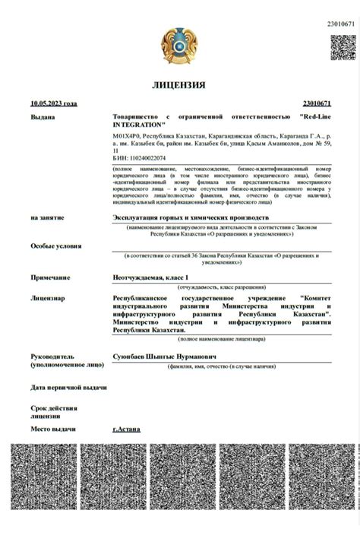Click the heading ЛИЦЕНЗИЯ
(x=179, y=84)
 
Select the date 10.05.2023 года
(x=54, y=103)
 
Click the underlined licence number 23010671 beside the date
(x=316, y=103)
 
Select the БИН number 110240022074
(x=144, y=158)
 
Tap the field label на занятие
(x=47, y=217)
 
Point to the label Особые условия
(x=57, y=246)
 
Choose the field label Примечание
(x=52, y=277)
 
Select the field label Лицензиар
(x=49, y=298)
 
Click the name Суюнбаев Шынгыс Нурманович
(x=164, y=355)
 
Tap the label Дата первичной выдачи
(x=68, y=388)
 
